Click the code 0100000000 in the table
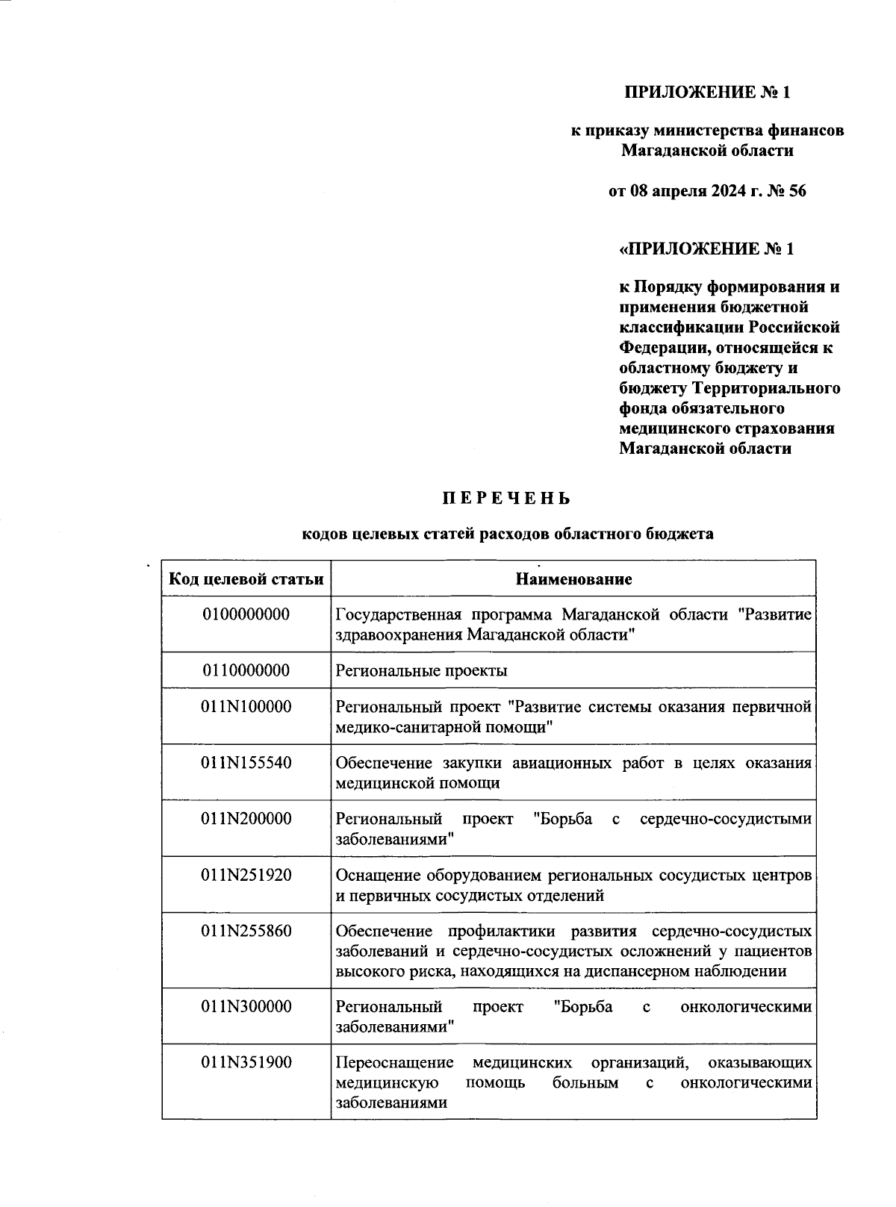click(x=246, y=614)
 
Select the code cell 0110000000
click(x=246, y=670)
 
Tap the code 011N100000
click(x=246, y=706)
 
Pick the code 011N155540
click(x=246, y=763)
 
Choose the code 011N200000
click(x=246, y=819)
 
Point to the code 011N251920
click(x=246, y=875)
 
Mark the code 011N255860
click(x=246, y=932)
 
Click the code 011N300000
click(x=246, y=1006)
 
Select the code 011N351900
click(x=246, y=1062)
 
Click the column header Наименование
click(x=573, y=579)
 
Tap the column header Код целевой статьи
click(x=246, y=579)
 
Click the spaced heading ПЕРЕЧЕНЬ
click(x=505, y=499)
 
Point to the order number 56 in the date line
click(x=796, y=191)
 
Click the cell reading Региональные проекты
click(x=422, y=670)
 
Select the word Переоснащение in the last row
click(x=394, y=1062)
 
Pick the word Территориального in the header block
click(x=766, y=388)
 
